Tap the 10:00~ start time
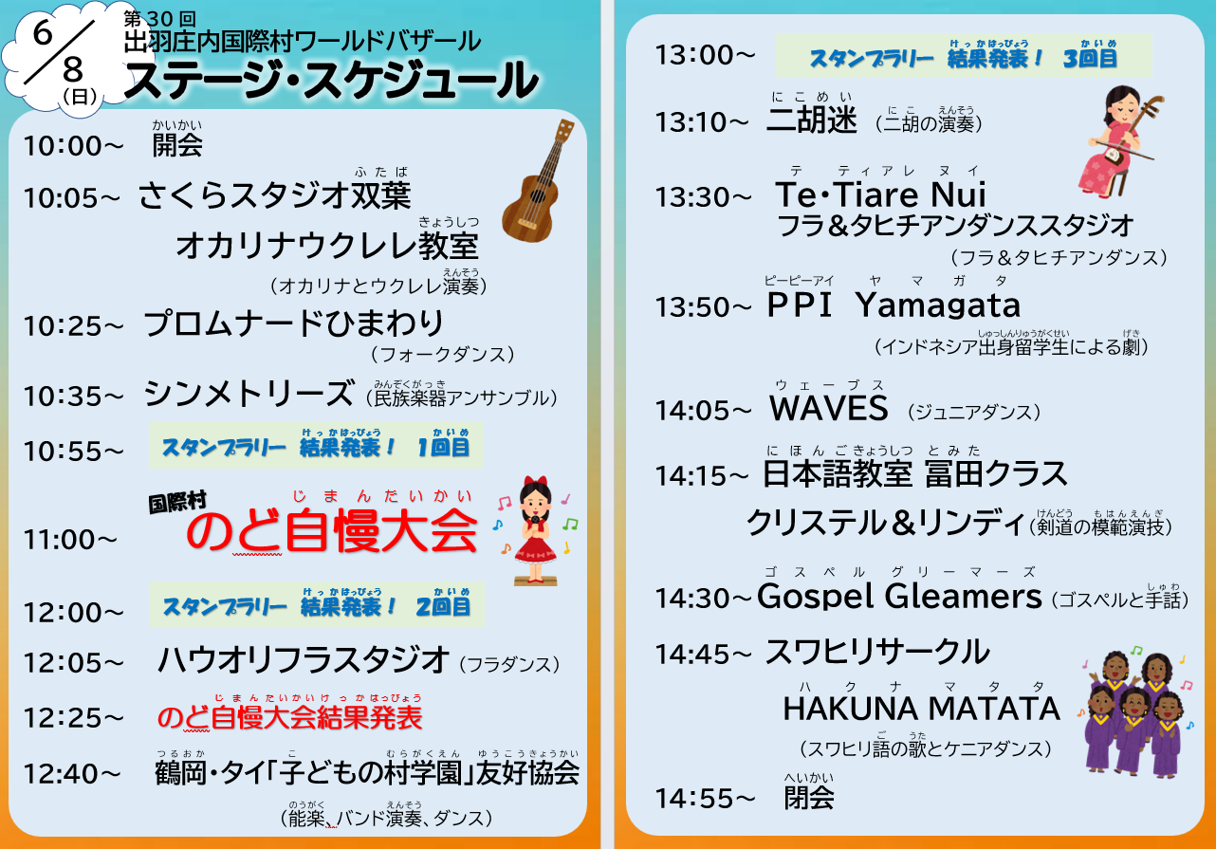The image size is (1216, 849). [x=74, y=146]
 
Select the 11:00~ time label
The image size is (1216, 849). [x=70, y=540]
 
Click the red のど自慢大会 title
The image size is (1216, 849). [x=332, y=531]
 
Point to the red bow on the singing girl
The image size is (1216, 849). [x=535, y=482]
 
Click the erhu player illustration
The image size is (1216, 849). [x=1119, y=140]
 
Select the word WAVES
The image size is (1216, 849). [x=829, y=409]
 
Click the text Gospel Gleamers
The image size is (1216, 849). [x=899, y=597]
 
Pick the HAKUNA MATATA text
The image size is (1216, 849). [x=921, y=709]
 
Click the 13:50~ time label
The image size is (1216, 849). [x=703, y=307]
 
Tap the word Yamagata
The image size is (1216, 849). [x=938, y=305]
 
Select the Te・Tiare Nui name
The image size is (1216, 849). [x=880, y=194]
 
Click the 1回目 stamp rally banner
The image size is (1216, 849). [x=317, y=446]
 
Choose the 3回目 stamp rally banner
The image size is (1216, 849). [x=964, y=56]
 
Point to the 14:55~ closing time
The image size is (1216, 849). [x=705, y=799]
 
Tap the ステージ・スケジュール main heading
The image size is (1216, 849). [x=331, y=81]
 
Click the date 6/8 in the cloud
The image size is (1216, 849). [x=59, y=51]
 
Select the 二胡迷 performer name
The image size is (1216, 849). [x=812, y=120]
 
